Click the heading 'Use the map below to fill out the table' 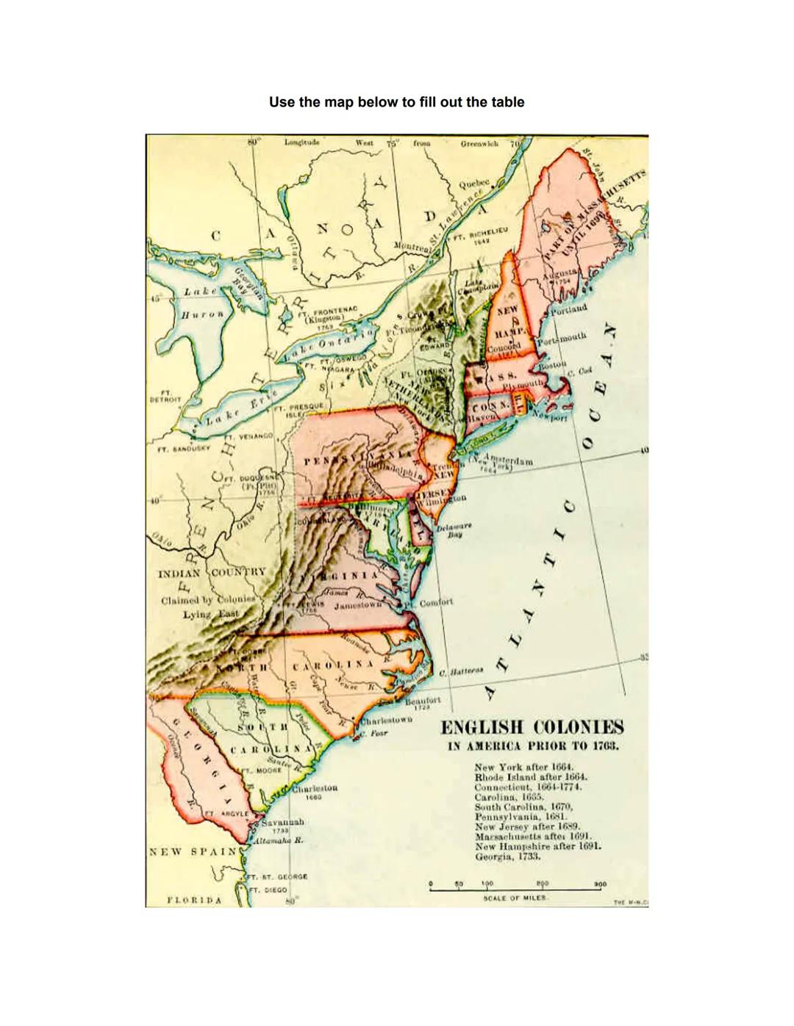[x=396, y=102]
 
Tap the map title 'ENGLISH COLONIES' [x=532, y=728]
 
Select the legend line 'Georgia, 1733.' [x=507, y=856]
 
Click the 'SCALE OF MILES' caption [x=515, y=897]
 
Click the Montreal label [x=412, y=248]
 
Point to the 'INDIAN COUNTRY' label [x=212, y=573]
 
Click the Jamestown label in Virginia [x=358, y=606]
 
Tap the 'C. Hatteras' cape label [x=461, y=671]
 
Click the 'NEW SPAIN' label [x=193, y=852]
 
